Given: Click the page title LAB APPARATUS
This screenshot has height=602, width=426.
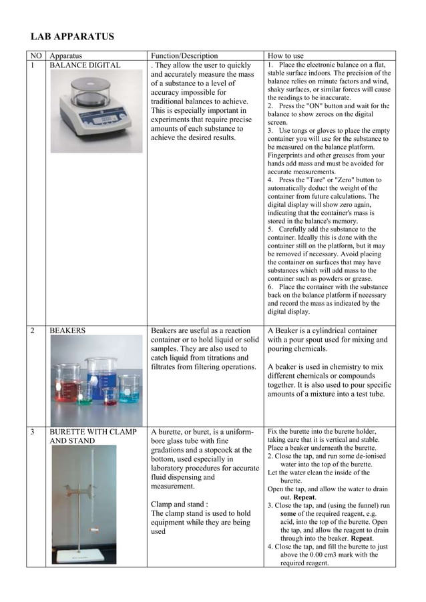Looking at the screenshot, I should pos(72,37).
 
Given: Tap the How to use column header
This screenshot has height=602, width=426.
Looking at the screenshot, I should pos(286,56).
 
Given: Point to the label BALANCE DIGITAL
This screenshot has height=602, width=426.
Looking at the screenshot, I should pos(85,65).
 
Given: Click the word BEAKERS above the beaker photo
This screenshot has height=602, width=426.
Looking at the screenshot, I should pos(67,330).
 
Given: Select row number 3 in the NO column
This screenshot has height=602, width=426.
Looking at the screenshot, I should pos(31,432).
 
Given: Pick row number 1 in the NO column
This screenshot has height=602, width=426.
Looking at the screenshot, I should pos(31,65).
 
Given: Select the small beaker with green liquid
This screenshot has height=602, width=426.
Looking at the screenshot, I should pos(84,394).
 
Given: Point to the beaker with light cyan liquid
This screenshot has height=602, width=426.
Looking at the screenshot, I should pos(129,389).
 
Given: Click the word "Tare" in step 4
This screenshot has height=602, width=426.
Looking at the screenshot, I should pos(324,180).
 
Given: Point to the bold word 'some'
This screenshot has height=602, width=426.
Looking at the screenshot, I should pos(288,514).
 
